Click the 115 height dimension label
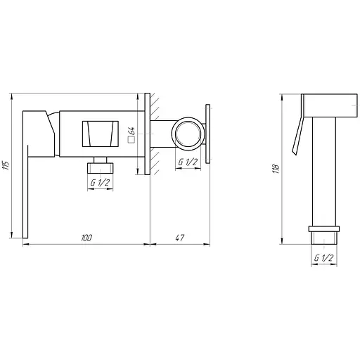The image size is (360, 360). (7, 165)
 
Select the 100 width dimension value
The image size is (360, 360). (86, 238)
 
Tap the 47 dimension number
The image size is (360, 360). (180, 238)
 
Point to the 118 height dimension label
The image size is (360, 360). (276, 169)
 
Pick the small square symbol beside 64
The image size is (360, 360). (131, 140)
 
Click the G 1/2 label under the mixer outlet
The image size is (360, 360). (100, 183)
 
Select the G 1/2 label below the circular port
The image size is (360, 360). (188, 162)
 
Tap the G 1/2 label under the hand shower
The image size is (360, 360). (323, 258)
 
